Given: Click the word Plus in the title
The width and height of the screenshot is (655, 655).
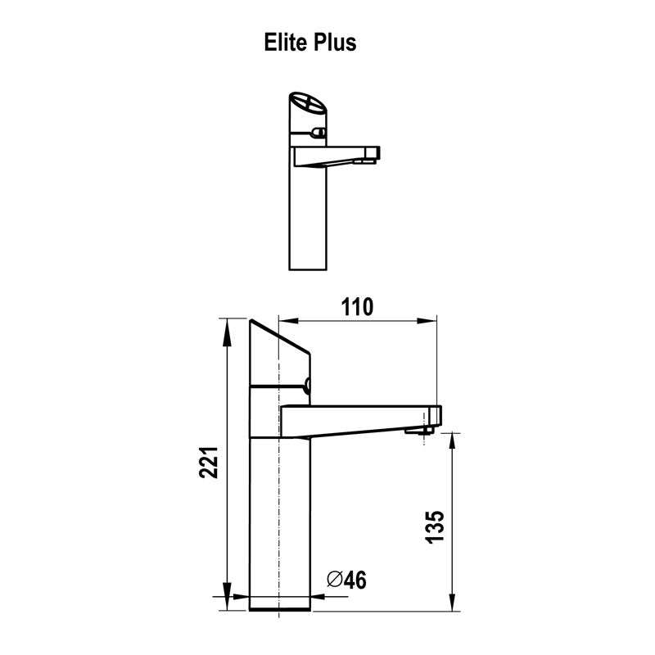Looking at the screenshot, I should tap(335, 43).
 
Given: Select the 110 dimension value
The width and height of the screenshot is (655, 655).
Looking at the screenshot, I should tap(356, 306).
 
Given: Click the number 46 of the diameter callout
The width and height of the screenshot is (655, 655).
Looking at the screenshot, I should tap(354, 580).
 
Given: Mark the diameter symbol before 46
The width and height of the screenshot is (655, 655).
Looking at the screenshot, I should tap(333, 580).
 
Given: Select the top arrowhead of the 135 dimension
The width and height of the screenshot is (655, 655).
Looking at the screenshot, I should tap(452, 440).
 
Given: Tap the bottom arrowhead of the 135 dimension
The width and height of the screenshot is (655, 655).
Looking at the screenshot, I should tap(452, 606).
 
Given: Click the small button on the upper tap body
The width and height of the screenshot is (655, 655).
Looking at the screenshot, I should tap(318, 132).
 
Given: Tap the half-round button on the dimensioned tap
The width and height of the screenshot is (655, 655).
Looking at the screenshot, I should tap(309, 386).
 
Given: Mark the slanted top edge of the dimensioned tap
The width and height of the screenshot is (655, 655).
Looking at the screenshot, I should tap(279, 337).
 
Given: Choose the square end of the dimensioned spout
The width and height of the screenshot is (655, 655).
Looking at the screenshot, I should tap(434, 415).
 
